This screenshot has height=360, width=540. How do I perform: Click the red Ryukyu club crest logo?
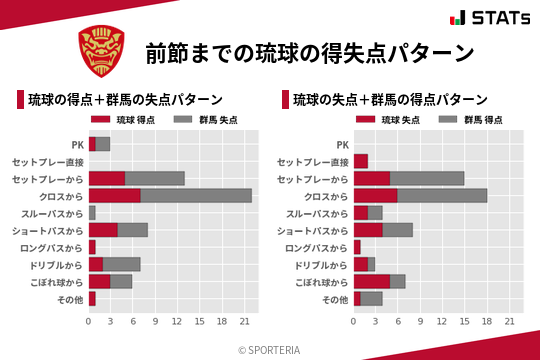102,51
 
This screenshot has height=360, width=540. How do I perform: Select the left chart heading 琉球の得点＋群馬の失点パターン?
125,100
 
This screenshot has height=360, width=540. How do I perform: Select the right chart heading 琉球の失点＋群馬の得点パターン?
390,100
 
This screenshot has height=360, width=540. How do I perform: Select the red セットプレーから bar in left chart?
107,178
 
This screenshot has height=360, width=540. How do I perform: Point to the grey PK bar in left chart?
103,144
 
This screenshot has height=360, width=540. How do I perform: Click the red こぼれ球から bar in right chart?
372,282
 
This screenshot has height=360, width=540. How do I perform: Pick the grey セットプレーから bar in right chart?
427,178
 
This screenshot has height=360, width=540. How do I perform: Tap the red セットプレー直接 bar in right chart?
361,161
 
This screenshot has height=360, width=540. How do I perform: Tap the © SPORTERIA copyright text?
269,350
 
